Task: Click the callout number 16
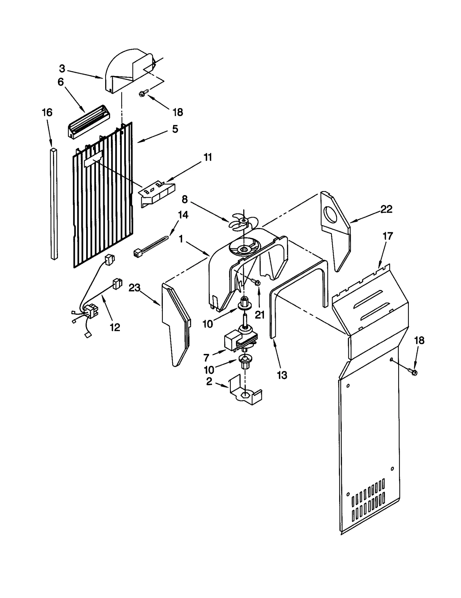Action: pyautogui.click(x=47, y=112)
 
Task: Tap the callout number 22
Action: pyautogui.click(x=386, y=209)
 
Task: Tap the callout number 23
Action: pyautogui.click(x=134, y=288)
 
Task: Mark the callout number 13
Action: pyautogui.click(x=282, y=375)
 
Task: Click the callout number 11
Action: pyautogui.click(x=208, y=157)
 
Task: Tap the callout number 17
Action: pyautogui.click(x=388, y=236)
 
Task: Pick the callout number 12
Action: pyautogui.click(x=115, y=327)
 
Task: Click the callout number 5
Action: pyautogui.click(x=175, y=129)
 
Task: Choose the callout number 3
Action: pyautogui.click(x=62, y=69)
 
